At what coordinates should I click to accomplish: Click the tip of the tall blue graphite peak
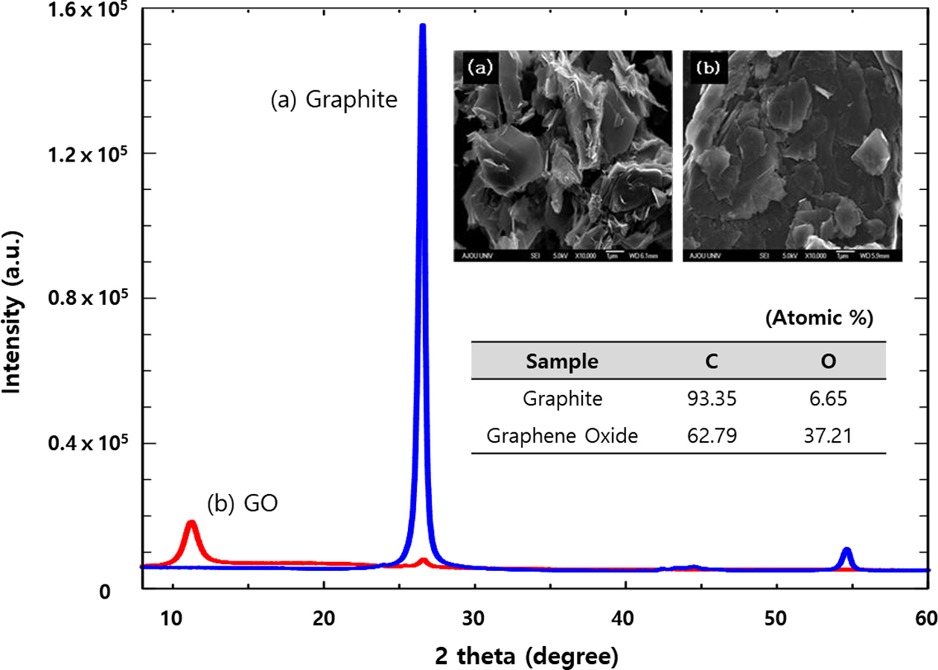click(x=422, y=27)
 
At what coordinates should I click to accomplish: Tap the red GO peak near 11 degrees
click(x=191, y=524)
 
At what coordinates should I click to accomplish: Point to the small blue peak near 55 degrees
click(x=846, y=552)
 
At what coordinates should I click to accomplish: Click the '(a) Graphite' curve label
click(x=334, y=99)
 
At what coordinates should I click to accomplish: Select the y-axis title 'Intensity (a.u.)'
click(x=13, y=312)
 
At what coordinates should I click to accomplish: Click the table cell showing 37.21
click(x=829, y=435)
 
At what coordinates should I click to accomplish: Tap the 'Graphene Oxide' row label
click(x=563, y=435)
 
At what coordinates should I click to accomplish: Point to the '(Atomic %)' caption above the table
click(x=818, y=318)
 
